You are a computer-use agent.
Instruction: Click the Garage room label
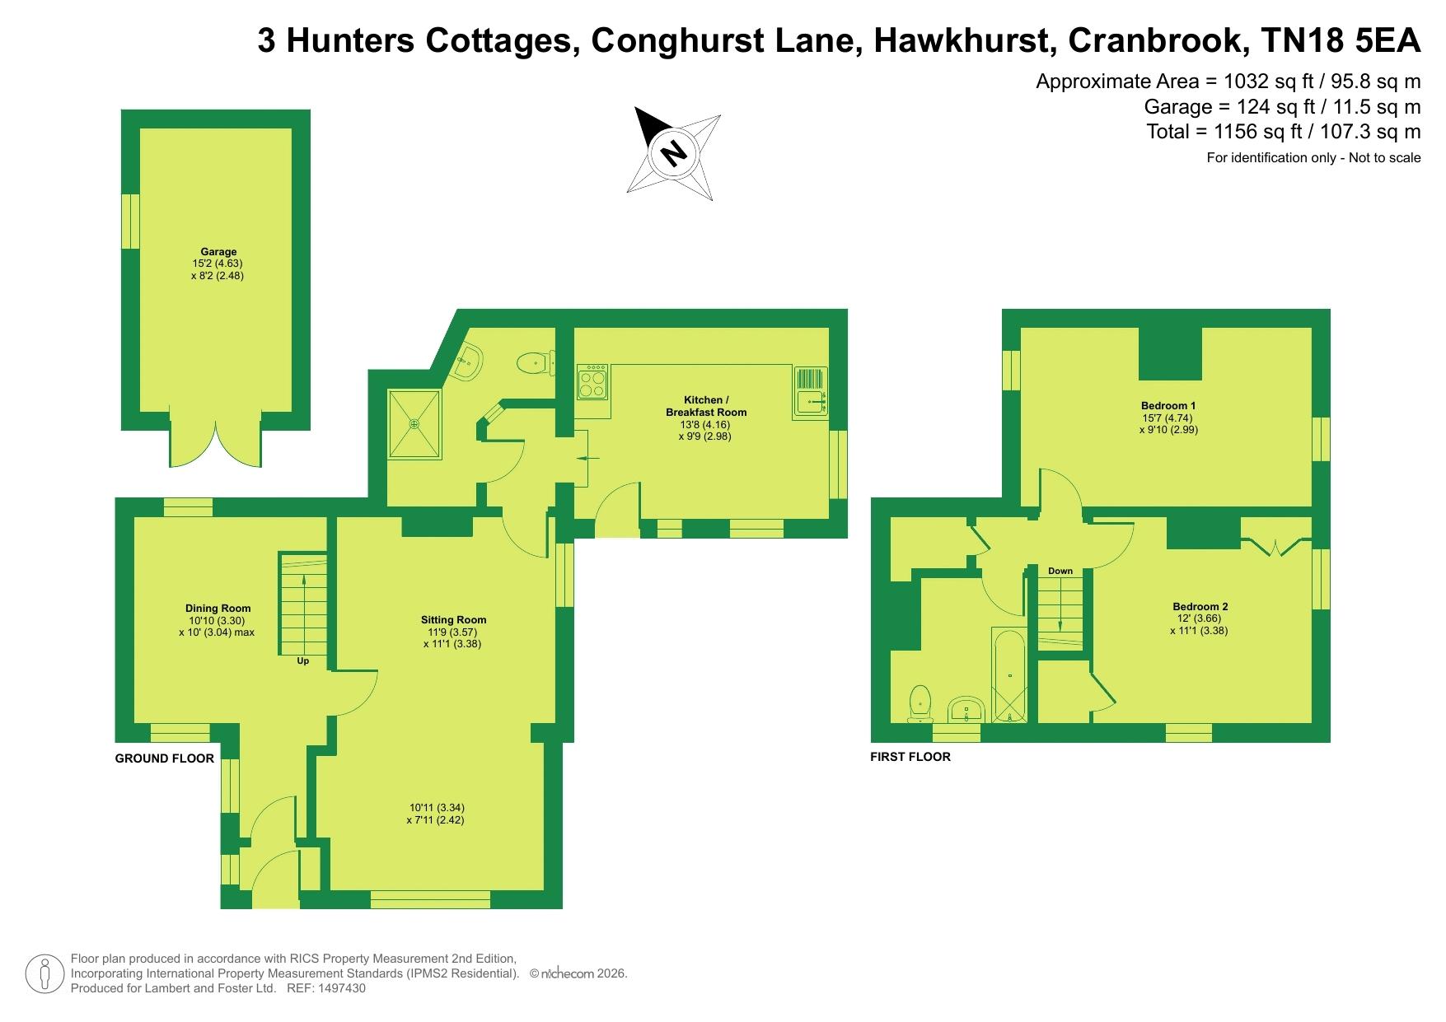[x=218, y=252]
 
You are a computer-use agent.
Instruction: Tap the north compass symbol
[x=674, y=153]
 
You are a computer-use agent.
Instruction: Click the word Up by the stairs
[x=303, y=660]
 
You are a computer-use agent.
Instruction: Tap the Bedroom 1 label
[x=1168, y=405]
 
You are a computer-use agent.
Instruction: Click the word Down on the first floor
[x=1060, y=571]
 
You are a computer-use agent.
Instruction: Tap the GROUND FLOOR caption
[x=164, y=758]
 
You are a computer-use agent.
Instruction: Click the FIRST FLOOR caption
[x=910, y=757]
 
